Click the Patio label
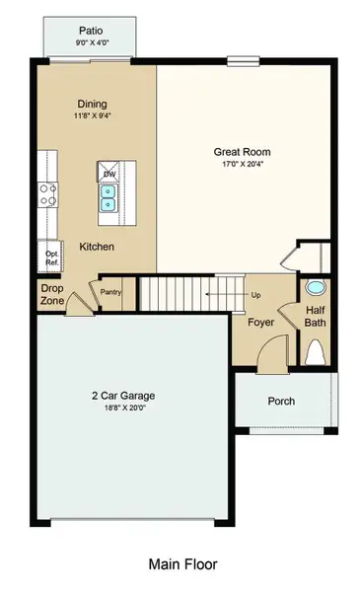point(91,31)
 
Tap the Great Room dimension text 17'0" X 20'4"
point(243,164)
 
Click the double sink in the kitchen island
point(108,198)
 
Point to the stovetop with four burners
point(47,194)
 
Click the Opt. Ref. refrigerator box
point(50,257)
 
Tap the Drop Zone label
point(52,294)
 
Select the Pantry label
point(110,292)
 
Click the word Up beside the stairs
point(255,295)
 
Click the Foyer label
point(260,322)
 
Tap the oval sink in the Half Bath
point(315,288)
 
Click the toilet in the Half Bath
point(316,352)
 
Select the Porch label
point(281,401)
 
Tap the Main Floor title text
point(183,564)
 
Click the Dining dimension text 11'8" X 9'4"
point(93,115)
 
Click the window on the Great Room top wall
point(244,61)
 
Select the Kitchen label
point(97,247)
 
